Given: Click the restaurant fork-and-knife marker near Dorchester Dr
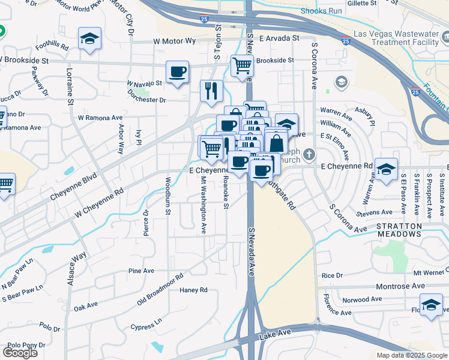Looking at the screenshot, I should [211, 91].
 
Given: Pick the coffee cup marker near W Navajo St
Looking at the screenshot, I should [177, 72].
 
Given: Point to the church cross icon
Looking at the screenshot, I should [309, 154].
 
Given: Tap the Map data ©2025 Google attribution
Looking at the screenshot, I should [412, 355].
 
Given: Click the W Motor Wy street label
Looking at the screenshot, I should [175, 41].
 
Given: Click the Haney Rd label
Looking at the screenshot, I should [193, 290].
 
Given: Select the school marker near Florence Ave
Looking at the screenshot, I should [430, 304].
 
